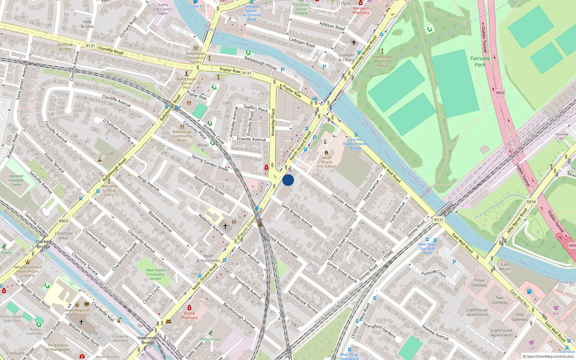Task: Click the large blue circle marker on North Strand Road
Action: [x=288, y=180]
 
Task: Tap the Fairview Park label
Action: [x=480, y=61]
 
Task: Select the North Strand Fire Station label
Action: [x=327, y=162]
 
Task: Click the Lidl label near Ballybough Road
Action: [x=110, y=153]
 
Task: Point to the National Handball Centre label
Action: [x=16, y=180]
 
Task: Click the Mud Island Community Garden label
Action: [x=155, y=274]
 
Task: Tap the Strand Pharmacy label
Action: [x=189, y=315]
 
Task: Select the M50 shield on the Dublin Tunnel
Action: [x=500, y=93]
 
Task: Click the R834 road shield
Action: [x=531, y=202]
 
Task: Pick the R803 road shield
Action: [x=64, y=221]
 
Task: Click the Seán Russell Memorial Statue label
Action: [x=382, y=61]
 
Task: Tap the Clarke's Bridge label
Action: [x=44, y=244]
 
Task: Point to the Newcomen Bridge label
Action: [x=148, y=340]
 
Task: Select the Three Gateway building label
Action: [x=479, y=283]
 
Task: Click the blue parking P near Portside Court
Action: [x=454, y=262]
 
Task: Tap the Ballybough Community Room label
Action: [x=182, y=136]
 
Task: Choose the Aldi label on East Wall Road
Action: [x=556, y=313]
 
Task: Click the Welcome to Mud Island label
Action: [x=109, y=190]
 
